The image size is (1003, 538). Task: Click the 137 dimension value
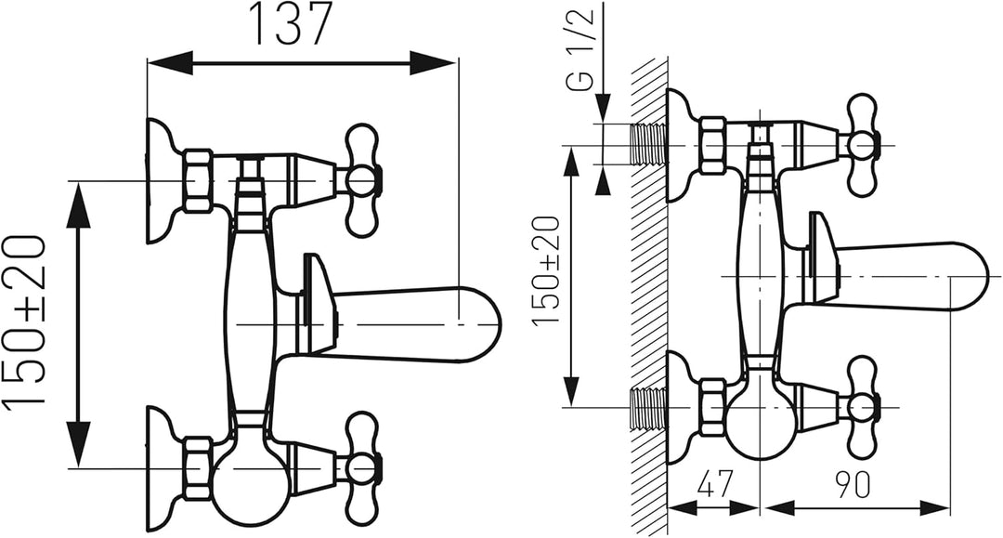[x=294, y=24]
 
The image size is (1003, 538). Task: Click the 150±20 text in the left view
[x=23, y=320]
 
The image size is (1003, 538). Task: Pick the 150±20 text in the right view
[x=546, y=270]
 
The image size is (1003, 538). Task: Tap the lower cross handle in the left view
[x=362, y=467]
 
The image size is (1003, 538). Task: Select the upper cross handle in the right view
[x=863, y=146]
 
